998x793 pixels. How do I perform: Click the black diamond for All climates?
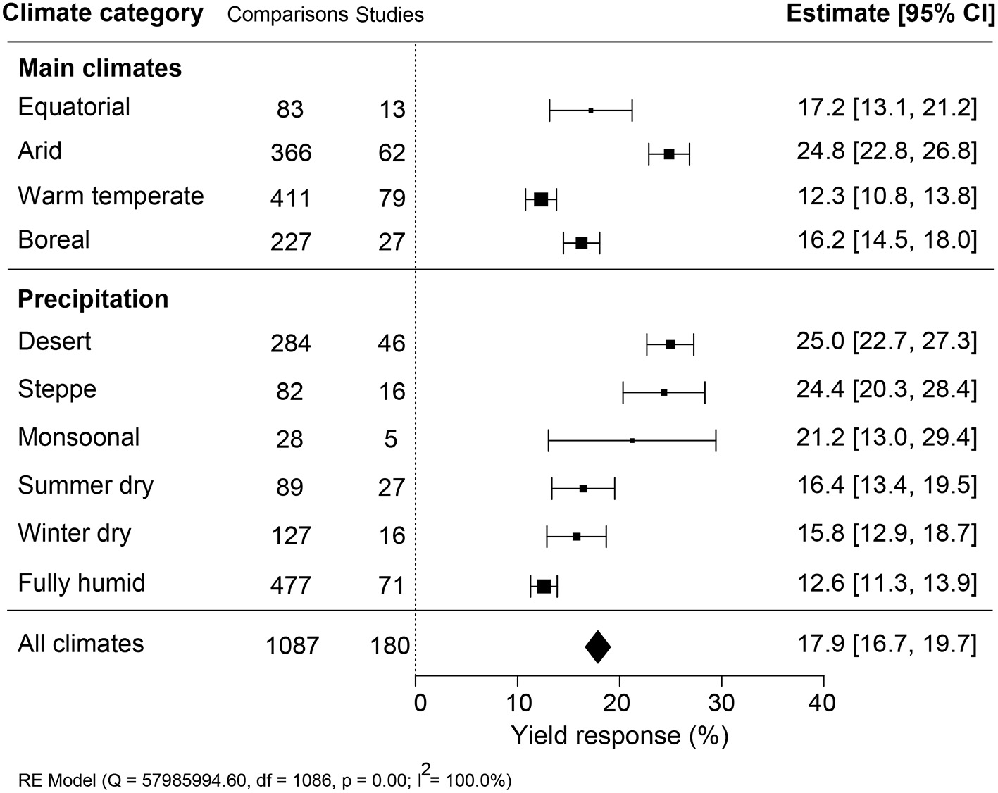pyautogui.click(x=598, y=647)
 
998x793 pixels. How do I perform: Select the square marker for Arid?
pyautogui.click(x=669, y=154)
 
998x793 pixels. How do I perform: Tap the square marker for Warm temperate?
pyautogui.click(x=541, y=199)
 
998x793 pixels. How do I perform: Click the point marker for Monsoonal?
pyautogui.click(x=632, y=440)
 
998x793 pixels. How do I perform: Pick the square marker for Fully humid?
pyautogui.click(x=544, y=586)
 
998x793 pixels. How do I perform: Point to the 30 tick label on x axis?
pyautogui.click(x=721, y=702)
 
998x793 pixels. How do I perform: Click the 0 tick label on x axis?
pyautogui.click(x=420, y=702)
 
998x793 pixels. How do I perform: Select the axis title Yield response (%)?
pyautogui.click(x=619, y=736)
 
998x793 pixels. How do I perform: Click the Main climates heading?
pyautogui.click(x=99, y=68)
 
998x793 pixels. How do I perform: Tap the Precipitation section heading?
pyautogui.click(x=93, y=299)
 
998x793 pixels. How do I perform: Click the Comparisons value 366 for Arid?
pyautogui.click(x=291, y=154)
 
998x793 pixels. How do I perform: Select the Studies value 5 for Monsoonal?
pyautogui.click(x=391, y=440)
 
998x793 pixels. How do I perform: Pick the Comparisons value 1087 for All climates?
pyautogui.click(x=292, y=646)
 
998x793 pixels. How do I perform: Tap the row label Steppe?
pyautogui.click(x=57, y=389)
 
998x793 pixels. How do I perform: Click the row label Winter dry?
pyautogui.click(x=75, y=533)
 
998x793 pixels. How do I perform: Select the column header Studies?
pyautogui.click(x=389, y=15)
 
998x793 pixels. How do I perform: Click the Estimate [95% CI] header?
pyautogui.click(x=890, y=14)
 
